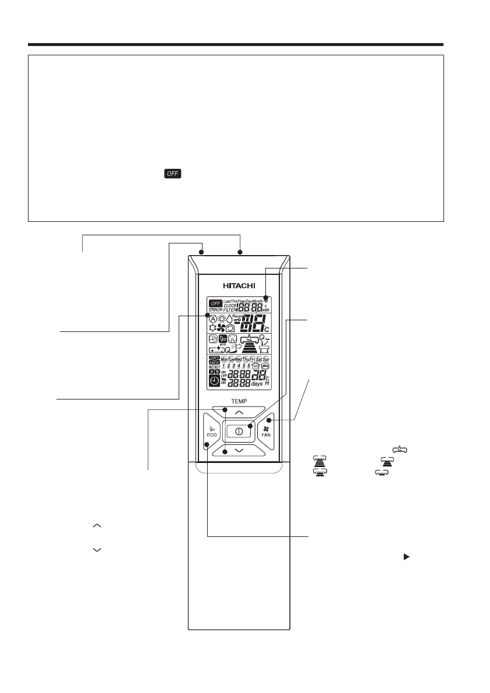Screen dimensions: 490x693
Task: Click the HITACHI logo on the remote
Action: coord(239,286)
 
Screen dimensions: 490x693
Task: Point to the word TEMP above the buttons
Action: coord(239,401)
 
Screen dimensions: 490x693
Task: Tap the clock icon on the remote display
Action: coord(214,381)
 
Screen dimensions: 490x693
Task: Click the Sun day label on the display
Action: coord(266,359)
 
